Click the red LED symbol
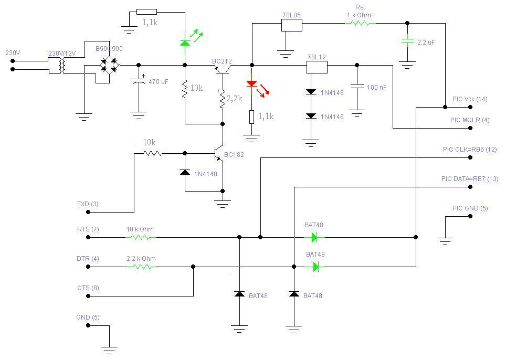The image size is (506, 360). (252, 84)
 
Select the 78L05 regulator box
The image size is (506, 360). (291, 24)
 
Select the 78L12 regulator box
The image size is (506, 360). (317, 66)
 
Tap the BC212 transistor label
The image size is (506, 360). (222, 61)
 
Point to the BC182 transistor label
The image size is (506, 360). (234, 155)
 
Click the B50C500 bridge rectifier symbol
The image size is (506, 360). (110, 65)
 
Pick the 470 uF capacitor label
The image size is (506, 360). (159, 82)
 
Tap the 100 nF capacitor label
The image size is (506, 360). (376, 88)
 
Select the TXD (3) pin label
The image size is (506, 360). (88, 204)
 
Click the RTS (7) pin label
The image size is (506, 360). (88, 229)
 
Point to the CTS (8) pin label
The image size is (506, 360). (88, 288)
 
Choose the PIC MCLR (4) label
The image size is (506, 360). (470, 120)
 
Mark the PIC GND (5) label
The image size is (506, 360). (470, 208)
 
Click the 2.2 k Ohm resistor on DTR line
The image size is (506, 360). (141, 267)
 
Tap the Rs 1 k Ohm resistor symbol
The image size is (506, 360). (360, 23)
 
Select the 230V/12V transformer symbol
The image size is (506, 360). (62, 66)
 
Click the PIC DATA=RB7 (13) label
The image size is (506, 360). (470, 179)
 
